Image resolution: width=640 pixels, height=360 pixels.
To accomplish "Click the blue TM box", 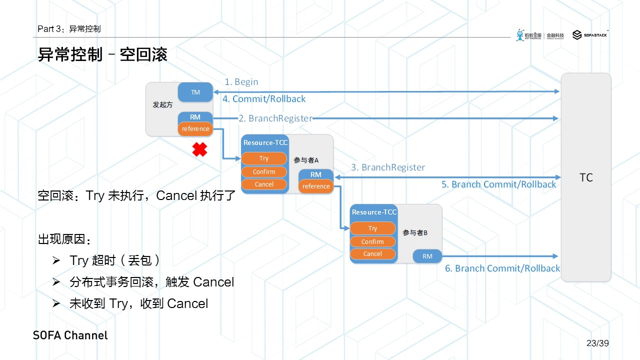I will click(195, 92).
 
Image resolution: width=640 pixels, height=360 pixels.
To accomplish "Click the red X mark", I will click(199, 149).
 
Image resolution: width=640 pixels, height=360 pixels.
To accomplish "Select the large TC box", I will click(586, 177).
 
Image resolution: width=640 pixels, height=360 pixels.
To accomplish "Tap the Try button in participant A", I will click(264, 158).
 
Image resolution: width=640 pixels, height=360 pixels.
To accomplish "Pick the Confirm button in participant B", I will click(372, 241).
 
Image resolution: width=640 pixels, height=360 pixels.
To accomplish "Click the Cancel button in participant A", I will click(264, 184).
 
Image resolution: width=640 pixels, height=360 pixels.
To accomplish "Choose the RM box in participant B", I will click(427, 256).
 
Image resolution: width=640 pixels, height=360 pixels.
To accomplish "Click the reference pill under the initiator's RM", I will click(195, 129).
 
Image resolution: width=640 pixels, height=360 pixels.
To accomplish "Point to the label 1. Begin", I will click(241, 82).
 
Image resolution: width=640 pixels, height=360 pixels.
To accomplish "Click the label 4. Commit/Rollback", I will click(264, 99).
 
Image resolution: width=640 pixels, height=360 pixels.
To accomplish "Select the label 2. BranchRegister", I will click(275, 118).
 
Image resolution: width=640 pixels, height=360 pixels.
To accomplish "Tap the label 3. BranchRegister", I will click(388, 167).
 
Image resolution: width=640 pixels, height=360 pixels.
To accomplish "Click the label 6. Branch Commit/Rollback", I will click(502, 268).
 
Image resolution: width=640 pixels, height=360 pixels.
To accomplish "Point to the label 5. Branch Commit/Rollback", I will click(498, 184).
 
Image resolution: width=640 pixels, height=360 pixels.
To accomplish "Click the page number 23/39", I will click(597, 343).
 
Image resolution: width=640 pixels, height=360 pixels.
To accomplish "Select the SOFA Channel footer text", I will click(70, 335).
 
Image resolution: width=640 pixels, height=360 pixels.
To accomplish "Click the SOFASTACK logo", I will click(590, 35).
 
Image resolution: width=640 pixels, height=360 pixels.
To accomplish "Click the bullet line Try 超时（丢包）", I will click(114, 260).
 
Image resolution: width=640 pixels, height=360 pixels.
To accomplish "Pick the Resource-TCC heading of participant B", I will click(374, 212).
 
